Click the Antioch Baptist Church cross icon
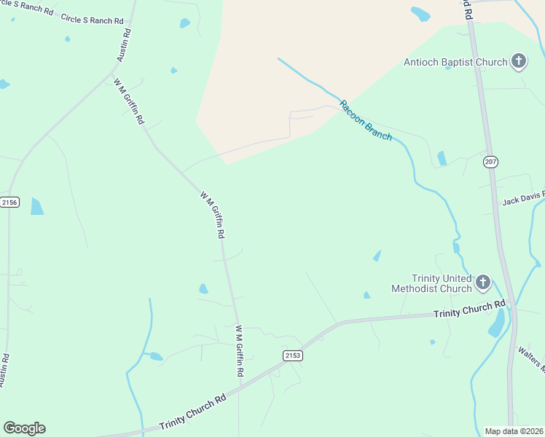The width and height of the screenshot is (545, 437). point(518,61)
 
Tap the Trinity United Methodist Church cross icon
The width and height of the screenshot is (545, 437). point(482,283)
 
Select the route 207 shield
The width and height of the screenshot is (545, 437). point(490,162)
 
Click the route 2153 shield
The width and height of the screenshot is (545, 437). point(292,355)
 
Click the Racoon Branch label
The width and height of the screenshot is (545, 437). point(366,120)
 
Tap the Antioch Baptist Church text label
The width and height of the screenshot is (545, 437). point(455,62)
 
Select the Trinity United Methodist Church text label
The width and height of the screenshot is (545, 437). point(431,283)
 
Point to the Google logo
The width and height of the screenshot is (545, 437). point(24,428)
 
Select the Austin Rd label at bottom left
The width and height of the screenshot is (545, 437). point(4,370)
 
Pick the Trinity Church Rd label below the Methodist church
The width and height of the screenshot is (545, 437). point(469,310)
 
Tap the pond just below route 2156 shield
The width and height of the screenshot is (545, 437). point(36,207)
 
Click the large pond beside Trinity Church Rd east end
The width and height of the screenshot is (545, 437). point(497,323)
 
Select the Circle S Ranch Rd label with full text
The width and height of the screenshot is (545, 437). point(93,20)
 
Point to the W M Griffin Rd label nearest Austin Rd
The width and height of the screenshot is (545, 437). point(129,101)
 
